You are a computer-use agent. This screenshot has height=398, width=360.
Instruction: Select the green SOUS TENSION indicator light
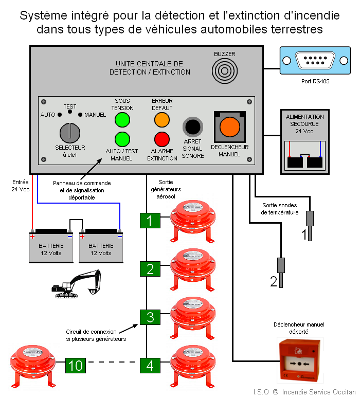(x=122, y=119)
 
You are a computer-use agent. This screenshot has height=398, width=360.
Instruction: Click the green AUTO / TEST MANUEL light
(x=122, y=139)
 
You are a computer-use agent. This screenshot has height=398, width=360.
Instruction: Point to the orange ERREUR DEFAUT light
(x=162, y=119)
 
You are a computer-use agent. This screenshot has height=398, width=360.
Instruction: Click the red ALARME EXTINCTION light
(x=162, y=139)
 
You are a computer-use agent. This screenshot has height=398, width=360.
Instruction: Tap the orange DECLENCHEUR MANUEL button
(x=229, y=128)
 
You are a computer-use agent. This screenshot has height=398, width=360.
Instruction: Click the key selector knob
(x=70, y=133)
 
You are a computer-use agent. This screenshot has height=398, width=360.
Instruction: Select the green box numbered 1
(x=150, y=221)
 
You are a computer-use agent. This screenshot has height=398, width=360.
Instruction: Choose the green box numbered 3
(x=150, y=317)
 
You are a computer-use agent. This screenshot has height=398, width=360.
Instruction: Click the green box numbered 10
(x=75, y=366)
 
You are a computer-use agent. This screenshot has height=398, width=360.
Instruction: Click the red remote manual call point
(x=299, y=360)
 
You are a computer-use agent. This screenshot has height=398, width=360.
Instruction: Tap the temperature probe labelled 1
(x=310, y=218)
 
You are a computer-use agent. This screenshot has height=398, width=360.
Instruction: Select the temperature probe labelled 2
(x=281, y=265)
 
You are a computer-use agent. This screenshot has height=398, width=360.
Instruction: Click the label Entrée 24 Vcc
(x=20, y=186)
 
